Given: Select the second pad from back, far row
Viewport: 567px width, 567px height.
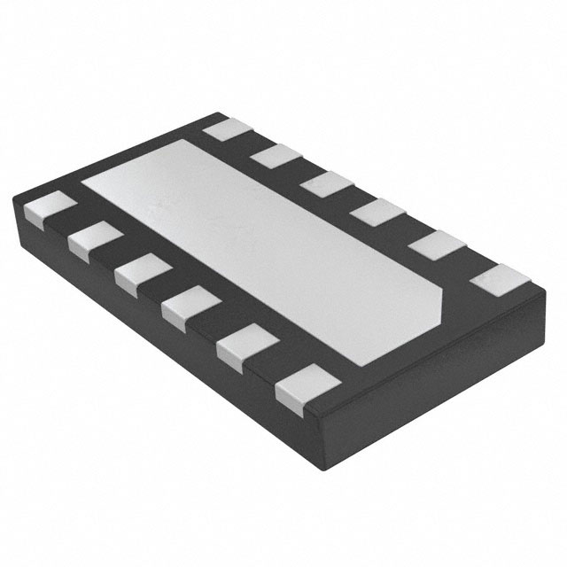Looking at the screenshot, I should click(x=276, y=156).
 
